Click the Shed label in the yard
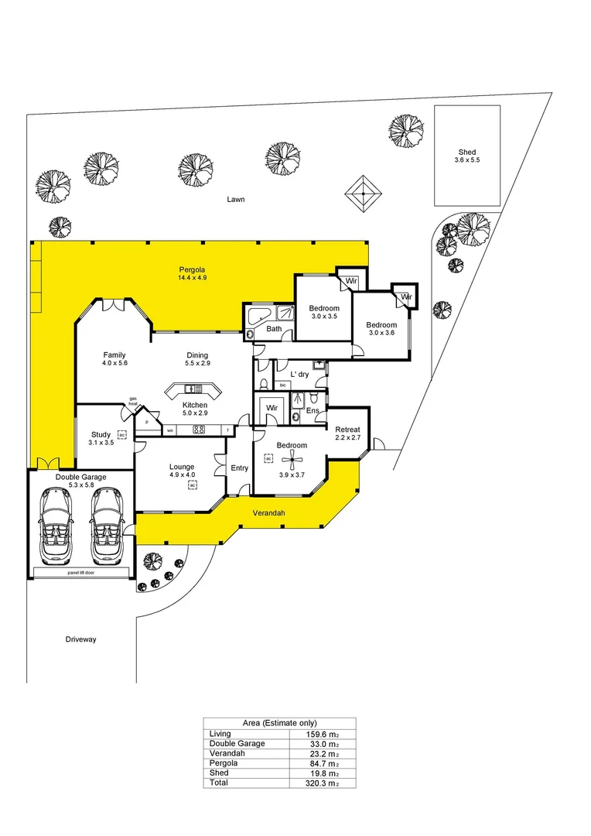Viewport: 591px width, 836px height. pos(466,152)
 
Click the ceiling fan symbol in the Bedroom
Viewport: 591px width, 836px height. pos(292,462)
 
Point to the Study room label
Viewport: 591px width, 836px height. pos(101,434)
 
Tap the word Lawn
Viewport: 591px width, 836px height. pos(236,199)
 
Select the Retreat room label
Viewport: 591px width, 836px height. pos(347,430)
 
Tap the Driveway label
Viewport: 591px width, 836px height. pos(80,640)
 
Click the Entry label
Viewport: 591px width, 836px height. pos(240,468)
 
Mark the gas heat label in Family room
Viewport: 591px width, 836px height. pos(133,401)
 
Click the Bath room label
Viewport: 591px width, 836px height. pos(274,329)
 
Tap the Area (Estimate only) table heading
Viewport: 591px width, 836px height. pos(279,723)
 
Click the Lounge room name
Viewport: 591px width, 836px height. pos(183,467)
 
